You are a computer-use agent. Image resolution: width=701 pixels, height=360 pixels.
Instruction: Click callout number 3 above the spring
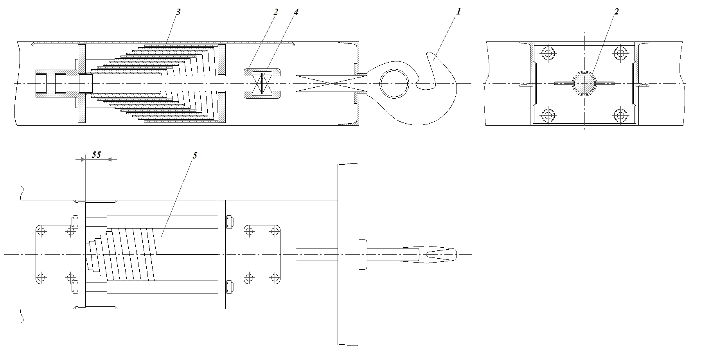pos(178,12)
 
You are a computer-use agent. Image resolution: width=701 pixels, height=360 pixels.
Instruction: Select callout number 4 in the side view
pos(296,12)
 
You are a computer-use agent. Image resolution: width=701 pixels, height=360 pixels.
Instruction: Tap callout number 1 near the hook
pos(458,12)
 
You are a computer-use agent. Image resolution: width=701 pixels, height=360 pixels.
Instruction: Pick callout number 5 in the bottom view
pos(195,155)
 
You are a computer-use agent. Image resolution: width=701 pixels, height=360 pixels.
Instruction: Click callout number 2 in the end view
pos(617,12)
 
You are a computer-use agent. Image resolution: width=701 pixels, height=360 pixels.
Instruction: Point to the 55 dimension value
pos(96,155)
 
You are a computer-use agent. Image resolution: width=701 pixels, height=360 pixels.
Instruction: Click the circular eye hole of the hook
pos(394,84)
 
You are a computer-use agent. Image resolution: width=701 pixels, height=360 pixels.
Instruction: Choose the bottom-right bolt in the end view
pos(620,115)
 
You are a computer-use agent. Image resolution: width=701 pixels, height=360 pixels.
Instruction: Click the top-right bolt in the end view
pos(620,53)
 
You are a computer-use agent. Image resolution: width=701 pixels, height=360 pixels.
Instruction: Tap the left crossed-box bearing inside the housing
pos(257,84)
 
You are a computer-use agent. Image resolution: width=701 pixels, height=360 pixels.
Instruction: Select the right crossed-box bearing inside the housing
pos(268,84)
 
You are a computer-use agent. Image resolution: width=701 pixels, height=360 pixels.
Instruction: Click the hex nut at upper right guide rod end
pos(230,222)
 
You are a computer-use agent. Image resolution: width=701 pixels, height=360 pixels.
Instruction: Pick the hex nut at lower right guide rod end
pos(230,287)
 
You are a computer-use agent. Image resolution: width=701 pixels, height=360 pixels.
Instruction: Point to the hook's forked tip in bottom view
pos(442,254)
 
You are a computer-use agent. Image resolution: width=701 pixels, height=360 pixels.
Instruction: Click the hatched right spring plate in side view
pos(222,84)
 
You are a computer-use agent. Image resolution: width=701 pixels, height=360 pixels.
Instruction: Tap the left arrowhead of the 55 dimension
pos(83,159)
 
